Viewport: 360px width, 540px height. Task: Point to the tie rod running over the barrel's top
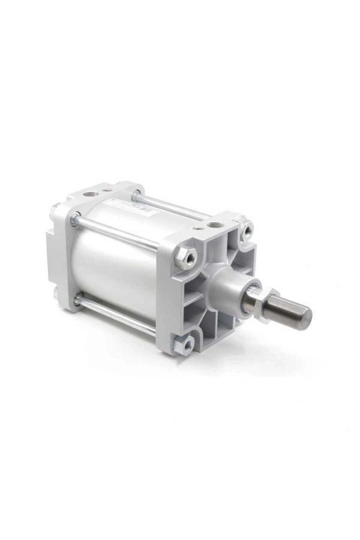tap(168, 204)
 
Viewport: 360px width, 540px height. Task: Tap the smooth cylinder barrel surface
tap(114, 264)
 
